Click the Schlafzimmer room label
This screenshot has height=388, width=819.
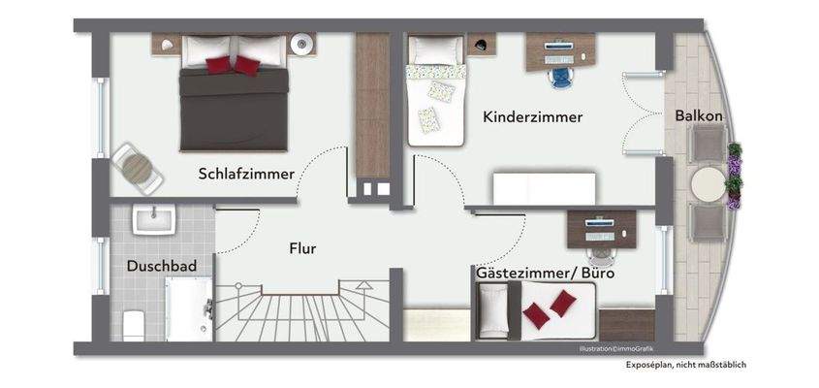246,174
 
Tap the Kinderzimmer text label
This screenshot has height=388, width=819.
532,117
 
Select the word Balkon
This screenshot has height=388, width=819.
699,114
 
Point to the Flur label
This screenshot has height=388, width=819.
302,248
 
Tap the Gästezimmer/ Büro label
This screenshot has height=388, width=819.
545,275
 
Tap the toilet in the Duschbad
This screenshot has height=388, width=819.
132,323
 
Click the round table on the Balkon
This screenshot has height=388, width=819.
709,184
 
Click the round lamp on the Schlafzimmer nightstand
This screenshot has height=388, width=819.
303,43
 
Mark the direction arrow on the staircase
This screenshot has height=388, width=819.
363,286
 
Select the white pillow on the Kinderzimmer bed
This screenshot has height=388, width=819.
424,48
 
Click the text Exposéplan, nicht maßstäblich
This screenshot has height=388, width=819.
685,366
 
